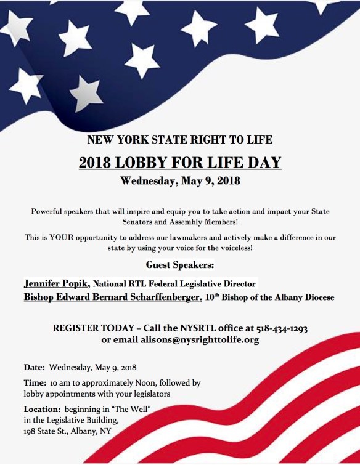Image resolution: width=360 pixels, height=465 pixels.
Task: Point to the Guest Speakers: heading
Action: click(x=180, y=265)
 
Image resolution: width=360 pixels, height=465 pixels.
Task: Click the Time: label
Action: click(x=35, y=382)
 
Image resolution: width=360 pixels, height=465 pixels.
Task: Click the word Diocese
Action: click(x=317, y=298)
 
